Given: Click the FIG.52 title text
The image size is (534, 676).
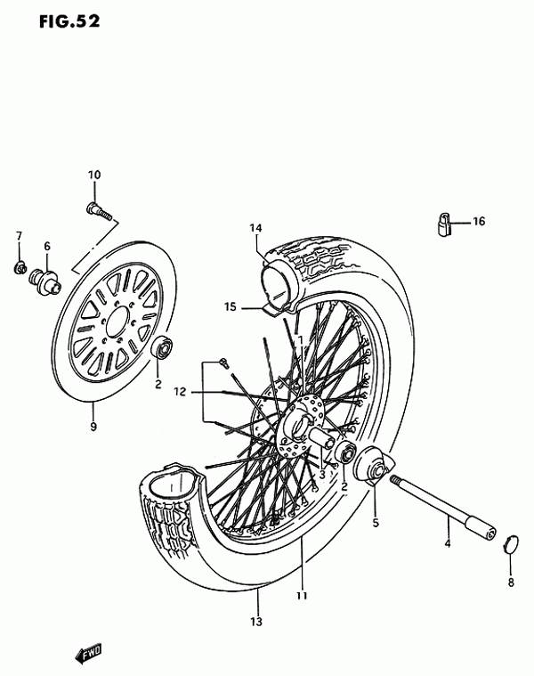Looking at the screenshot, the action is [x=69, y=21].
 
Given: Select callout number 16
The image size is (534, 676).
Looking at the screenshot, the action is [x=479, y=221].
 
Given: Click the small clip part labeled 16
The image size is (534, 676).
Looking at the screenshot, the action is [x=445, y=224].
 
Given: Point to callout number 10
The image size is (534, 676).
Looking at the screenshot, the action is [x=94, y=175].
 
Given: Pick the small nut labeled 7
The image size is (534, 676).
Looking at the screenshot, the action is [x=20, y=269].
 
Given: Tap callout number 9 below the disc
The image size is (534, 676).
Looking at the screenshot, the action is [x=93, y=427].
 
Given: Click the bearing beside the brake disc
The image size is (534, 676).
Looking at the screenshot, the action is [x=163, y=346].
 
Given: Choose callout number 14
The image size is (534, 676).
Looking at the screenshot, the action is [x=255, y=228].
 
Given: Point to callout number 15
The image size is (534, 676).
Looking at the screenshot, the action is [x=231, y=306].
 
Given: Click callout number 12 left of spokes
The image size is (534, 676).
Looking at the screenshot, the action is [x=180, y=392].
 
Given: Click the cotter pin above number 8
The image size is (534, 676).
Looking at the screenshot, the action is [x=510, y=545].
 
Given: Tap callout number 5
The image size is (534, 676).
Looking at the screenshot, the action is [x=376, y=523].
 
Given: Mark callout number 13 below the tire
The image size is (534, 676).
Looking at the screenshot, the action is [x=255, y=622].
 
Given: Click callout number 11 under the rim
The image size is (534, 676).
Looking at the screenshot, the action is [x=302, y=595].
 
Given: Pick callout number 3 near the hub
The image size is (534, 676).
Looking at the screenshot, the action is [x=322, y=476].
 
